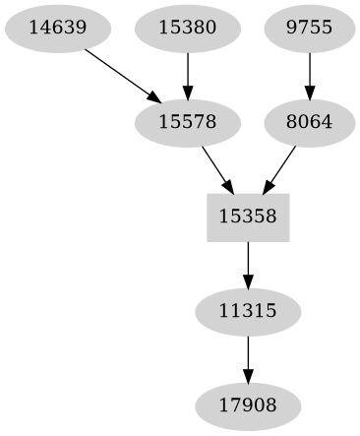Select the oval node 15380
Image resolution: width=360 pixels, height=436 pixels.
(187, 29)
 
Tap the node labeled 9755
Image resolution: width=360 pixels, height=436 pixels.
(310, 29)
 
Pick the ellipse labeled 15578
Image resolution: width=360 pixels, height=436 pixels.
(187, 122)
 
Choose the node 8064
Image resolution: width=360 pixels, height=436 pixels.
(310, 122)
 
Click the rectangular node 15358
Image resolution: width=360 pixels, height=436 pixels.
(248, 216)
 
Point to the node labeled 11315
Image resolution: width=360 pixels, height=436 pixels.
(248, 310)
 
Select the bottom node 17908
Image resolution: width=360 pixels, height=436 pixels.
(248, 404)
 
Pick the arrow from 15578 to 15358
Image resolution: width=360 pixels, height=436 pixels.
(217, 168)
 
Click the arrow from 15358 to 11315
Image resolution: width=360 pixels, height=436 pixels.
(248, 263)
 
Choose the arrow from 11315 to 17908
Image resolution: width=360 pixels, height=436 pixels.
(248, 356)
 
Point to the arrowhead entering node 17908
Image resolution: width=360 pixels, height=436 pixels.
(248, 377)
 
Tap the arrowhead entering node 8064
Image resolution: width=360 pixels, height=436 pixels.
(310, 95)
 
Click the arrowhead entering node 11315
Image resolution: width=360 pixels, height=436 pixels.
(248, 283)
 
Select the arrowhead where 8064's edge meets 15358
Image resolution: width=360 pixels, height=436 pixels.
(267, 187)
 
